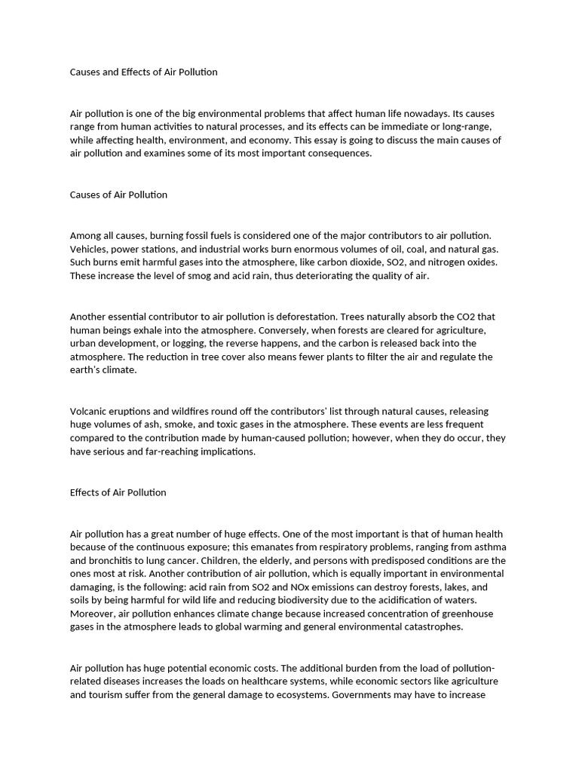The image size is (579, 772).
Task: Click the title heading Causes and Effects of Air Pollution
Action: click(x=143, y=72)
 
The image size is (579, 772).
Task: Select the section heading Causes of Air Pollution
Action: click(x=118, y=195)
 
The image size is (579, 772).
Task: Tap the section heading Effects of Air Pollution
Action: click(x=118, y=492)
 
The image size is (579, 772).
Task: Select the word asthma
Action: click(x=489, y=547)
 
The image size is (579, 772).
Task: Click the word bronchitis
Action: click(x=114, y=560)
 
